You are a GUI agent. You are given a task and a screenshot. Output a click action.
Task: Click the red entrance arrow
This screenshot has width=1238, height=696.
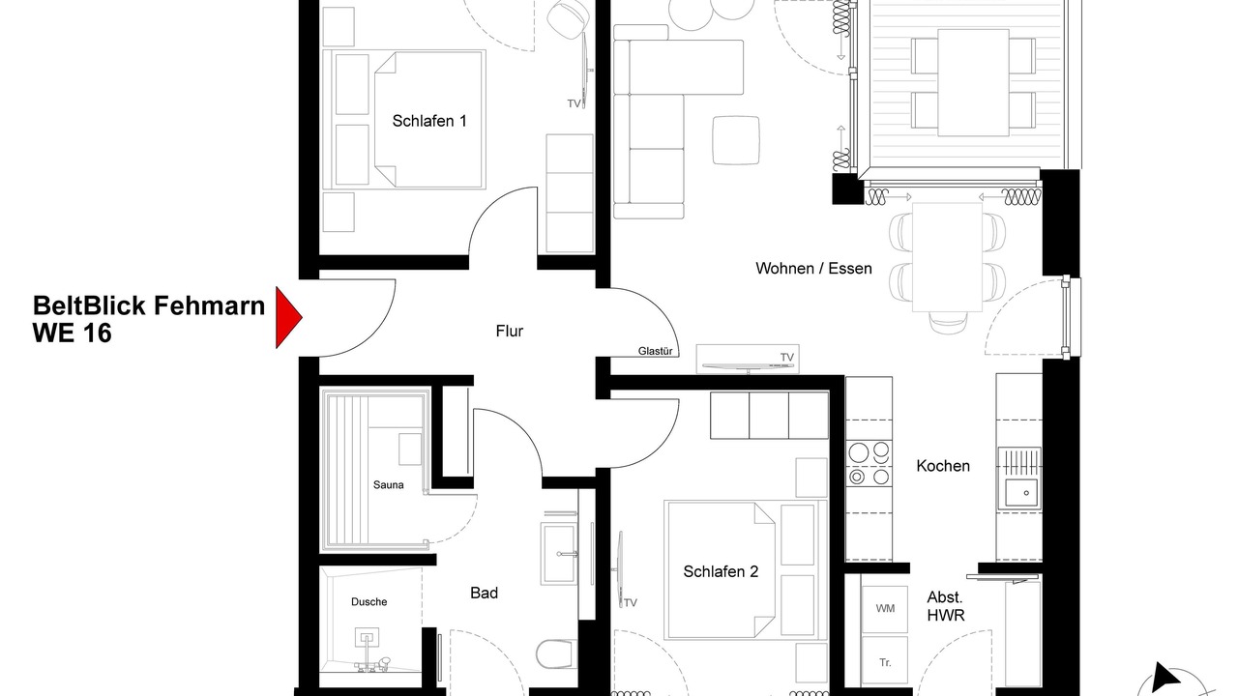(x=287, y=318)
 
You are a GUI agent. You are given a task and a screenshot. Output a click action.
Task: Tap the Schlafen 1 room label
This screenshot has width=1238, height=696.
(x=429, y=121)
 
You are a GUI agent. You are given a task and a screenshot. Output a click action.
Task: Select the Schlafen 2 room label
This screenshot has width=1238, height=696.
(x=721, y=571)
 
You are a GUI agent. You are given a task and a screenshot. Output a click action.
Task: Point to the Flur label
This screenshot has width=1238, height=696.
(x=509, y=332)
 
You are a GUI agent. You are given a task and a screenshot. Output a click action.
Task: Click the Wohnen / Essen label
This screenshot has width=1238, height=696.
(x=813, y=269)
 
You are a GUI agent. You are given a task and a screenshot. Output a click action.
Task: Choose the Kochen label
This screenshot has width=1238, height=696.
(x=943, y=466)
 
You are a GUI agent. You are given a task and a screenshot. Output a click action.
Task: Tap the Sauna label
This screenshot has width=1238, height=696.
(x=389, y=485)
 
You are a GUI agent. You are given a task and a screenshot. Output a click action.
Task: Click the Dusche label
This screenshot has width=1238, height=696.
(x=369, y=601)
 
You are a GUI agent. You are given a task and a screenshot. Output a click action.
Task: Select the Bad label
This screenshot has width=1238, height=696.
(x=485, y=593)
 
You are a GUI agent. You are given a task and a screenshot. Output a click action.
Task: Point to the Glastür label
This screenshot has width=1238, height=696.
(x=655, y=351)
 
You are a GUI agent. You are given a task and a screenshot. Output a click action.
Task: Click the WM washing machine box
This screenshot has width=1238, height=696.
(x=884, y=609)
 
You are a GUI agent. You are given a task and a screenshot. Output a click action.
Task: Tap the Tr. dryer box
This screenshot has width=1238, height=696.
(x=884, y=662)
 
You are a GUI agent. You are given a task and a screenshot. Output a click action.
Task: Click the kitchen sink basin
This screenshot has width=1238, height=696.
(x=1020, y=494)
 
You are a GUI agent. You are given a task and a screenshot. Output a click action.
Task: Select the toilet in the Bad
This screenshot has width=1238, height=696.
(x=556, y=654)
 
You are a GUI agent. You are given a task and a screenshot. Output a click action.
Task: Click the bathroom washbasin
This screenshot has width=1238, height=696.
(x=559, y=554)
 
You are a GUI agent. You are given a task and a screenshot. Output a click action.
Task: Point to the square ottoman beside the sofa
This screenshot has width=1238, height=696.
(x=736, y=140)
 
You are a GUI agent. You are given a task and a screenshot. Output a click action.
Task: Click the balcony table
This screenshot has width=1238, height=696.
(x=973, y=82)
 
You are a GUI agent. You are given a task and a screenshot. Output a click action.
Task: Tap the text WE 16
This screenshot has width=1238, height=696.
(x=72, y=333)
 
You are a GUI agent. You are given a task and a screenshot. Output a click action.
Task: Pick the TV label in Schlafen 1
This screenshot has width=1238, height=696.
(x=574, y=103)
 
